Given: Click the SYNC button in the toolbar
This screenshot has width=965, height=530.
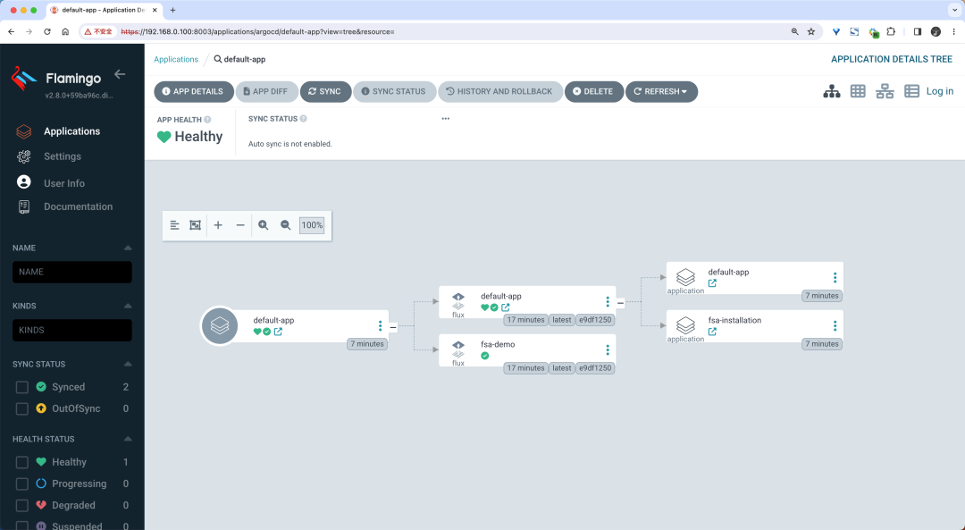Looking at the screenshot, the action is click(x=325, y=92).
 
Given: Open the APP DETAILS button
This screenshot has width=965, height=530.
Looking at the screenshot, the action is click(x=193, y=92).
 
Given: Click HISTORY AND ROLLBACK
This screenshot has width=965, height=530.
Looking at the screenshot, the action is click(x=499, y=92).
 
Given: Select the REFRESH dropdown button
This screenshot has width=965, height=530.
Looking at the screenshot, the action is click(x=661, y=92).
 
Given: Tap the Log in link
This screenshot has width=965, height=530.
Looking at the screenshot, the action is click(x=940, y=91).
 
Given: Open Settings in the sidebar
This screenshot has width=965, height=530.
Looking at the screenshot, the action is click(x=63, y=156).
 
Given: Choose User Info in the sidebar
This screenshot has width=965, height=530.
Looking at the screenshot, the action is click(x=64, y=183).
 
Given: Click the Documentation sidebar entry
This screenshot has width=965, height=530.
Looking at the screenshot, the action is click(x=78, y=206).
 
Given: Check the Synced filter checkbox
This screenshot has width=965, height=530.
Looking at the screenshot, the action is click(x=22, y=387).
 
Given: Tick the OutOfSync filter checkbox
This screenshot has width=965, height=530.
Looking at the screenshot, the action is click(x=22, y=408).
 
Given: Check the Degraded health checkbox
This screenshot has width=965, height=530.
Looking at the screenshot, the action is click(x=22, y=505).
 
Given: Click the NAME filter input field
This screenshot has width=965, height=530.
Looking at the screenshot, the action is click(x=72, y=272).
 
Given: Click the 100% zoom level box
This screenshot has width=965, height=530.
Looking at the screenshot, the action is click(x=312, y=225).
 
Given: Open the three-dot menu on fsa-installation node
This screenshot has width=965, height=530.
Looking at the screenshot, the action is click(x=835, y=325).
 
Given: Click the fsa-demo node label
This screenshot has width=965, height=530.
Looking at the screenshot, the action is click(x=498, y=345).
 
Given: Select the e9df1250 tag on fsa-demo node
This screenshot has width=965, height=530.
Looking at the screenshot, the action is click(x=595, y=368).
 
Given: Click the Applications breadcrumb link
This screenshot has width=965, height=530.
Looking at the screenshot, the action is click(x=176, y=60).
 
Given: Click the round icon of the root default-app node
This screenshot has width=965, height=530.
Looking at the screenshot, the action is click(x=220, y=325).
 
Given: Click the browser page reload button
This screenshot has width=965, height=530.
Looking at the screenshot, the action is click(x=46, y=31).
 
